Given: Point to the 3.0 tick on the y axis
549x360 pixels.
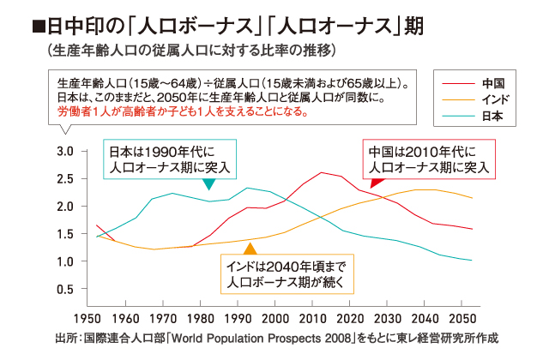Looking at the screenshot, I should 65,151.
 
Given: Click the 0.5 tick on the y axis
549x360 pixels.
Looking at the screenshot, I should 65,289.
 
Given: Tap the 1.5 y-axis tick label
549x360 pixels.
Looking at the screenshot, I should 65,234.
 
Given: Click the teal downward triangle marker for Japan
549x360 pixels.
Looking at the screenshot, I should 209,184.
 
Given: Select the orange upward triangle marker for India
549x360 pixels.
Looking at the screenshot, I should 250,249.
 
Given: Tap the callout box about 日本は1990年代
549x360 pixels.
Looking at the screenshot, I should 170,159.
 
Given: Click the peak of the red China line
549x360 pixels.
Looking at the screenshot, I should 322,172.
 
